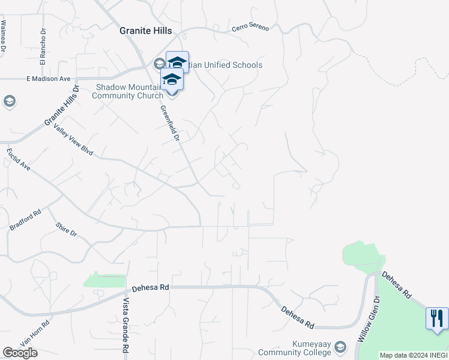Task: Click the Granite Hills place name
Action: [146, 31]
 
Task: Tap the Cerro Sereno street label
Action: [250, 28]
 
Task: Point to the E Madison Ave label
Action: [48, 79]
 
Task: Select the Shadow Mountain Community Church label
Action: [130, 91]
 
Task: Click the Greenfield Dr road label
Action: [170, 124]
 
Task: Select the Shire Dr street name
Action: [66, 229]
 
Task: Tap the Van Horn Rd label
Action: [34, 332]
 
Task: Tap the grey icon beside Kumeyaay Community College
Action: [341, 347]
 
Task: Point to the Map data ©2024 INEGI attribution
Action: [413, 355]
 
